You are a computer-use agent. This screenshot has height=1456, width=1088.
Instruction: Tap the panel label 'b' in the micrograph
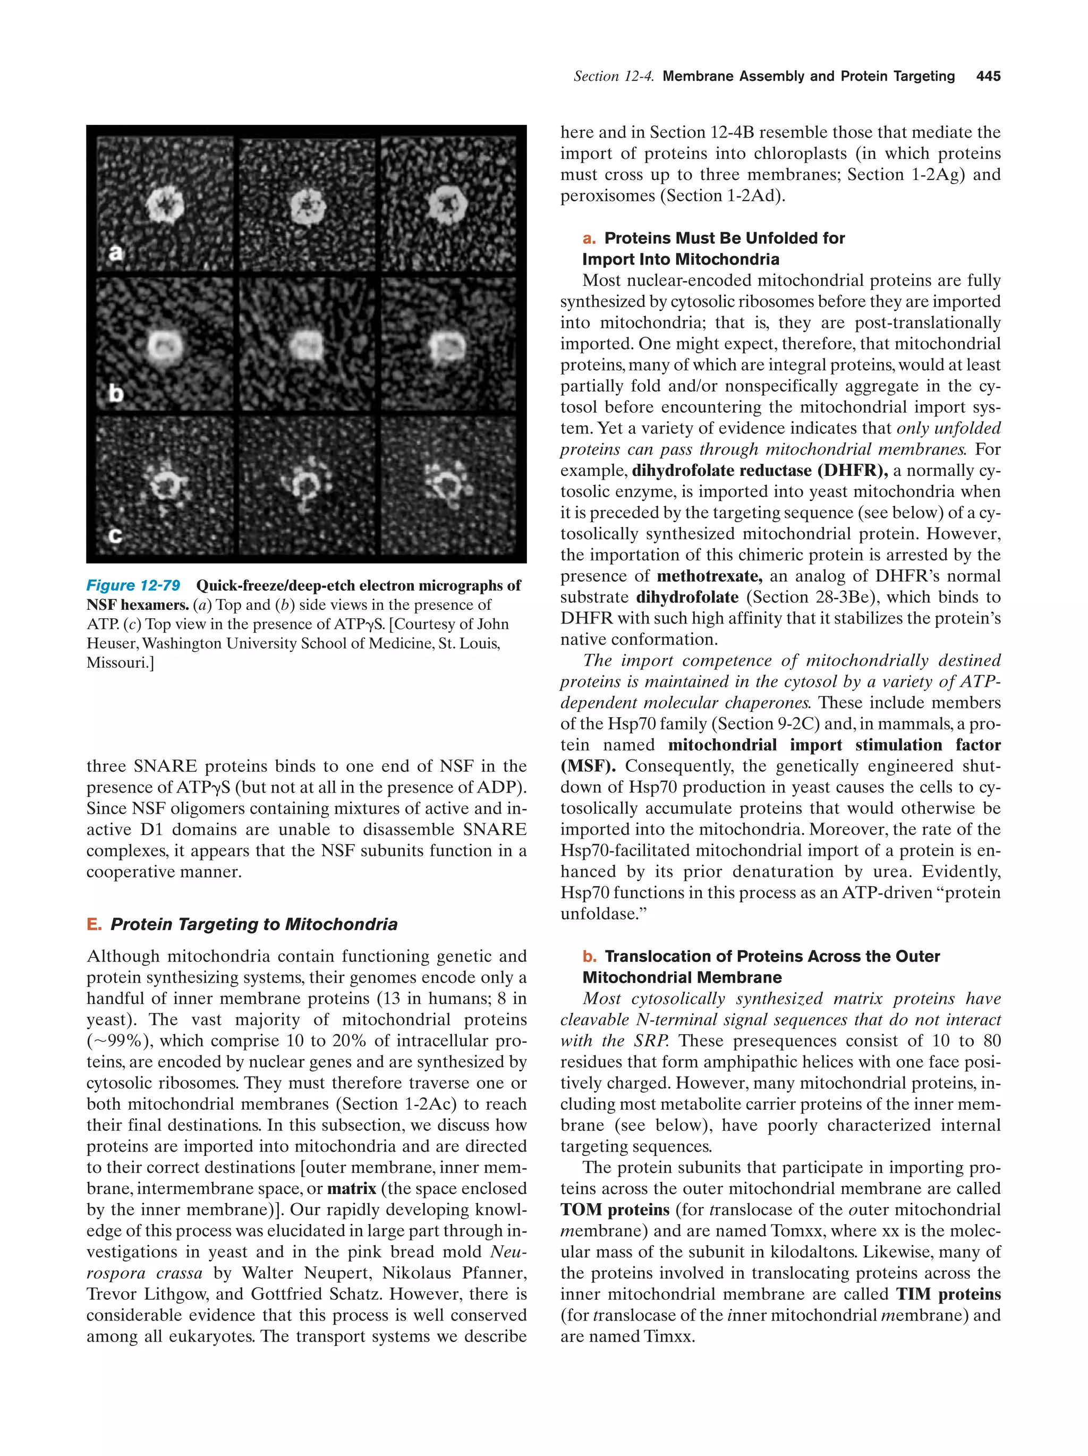(x=116, y=394)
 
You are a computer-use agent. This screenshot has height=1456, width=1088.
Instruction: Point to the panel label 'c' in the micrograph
(x=115, y=535)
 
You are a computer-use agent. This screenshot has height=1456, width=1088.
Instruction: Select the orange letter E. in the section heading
(x=94, y=924)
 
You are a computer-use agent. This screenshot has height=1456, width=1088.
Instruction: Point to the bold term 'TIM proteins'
(x=948, y=1294)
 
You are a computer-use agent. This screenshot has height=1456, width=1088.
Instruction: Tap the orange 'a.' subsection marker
(x=589, y=239)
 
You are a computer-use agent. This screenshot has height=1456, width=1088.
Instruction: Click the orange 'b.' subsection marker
(x=589, y=956)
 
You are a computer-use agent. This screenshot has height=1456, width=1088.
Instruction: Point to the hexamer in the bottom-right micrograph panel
(x=449, y=485)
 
